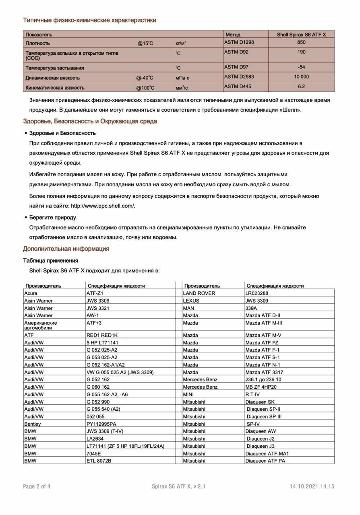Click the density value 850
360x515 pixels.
click(x=301, y=42)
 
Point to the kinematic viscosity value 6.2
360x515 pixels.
click(x=301, y=87)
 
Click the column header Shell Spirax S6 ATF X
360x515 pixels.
click(x=301, y=35)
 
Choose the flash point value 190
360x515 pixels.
click(x=301, y=52)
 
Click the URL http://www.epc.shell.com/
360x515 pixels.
click(x=103, y=206)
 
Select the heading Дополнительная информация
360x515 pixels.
click(x=66, y=249)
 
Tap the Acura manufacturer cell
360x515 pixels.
click(x=31, y=293)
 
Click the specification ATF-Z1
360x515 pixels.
click(x=95, y=293)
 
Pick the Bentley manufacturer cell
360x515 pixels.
click(x=33, y=424)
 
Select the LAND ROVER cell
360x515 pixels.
click(x=199, y=293)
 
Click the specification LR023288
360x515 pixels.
click(x=259, y=293)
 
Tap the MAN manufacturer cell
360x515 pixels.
click(x=188, y=308)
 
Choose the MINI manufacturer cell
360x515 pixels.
click(x=188, y=394)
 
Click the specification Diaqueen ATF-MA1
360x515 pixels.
click(x=267, y=453)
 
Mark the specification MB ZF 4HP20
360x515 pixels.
click(x=261, y=387)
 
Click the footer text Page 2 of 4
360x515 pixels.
click(x=37, y=486)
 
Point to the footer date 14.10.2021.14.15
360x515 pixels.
click(x=312, y=486)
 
